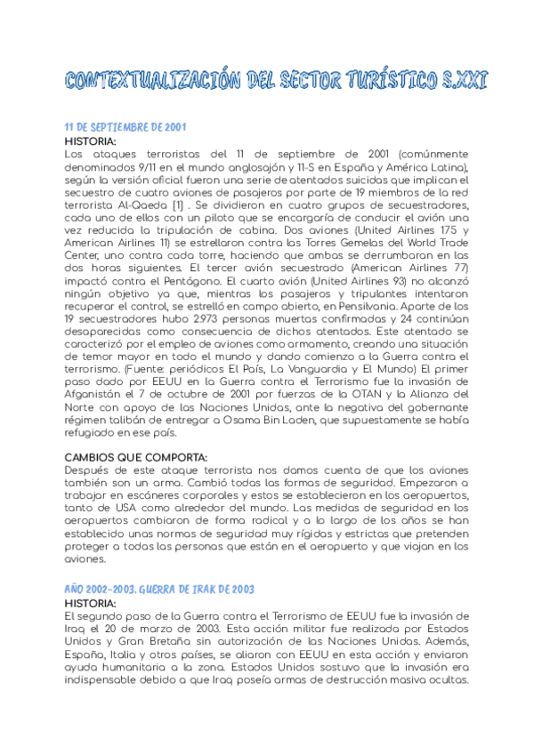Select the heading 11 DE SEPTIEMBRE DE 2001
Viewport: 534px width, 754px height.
coord(125,127)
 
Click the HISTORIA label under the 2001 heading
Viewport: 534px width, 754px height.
coord(91,140)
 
